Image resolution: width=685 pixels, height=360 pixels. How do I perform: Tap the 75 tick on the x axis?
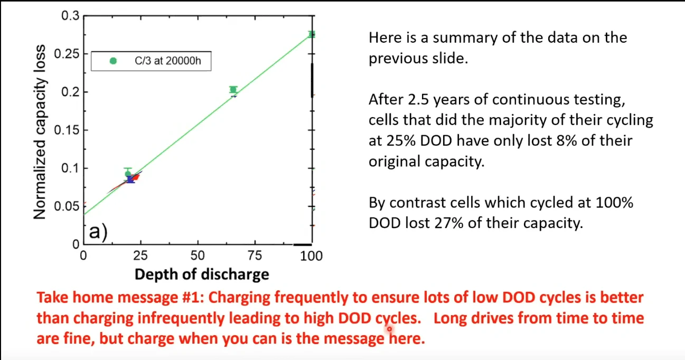click(255, 255)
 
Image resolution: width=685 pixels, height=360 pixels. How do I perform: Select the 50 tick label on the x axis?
click(198, 255)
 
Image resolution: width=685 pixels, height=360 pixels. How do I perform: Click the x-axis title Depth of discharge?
click(202, 274)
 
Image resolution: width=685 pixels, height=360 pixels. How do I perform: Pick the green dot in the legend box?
click(112, 61)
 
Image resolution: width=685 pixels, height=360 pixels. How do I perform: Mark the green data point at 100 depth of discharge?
click(312, 34)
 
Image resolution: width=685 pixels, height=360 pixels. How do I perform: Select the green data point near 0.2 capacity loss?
click(233, 90)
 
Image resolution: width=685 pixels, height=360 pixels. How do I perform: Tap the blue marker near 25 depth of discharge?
click(130, 179)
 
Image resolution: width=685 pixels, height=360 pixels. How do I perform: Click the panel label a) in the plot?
click(97, 231)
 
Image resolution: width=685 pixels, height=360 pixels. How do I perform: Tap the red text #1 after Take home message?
click(193, 298)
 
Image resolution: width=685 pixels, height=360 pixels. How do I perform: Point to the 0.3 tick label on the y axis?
click(70, 16)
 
